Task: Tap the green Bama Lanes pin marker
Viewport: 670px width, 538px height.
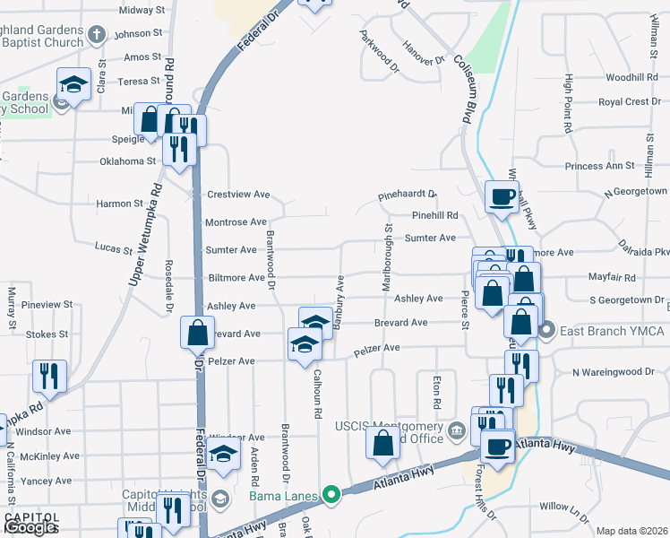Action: point(331,494)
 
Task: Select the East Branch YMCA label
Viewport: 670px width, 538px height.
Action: point(613,331)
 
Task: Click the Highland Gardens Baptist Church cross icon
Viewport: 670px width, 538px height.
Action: point(98,34)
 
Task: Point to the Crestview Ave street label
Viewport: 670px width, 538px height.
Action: point(238,195)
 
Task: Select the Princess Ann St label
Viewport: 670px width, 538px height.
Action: point(599,166)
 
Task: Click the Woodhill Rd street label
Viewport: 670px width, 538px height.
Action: point(631,78)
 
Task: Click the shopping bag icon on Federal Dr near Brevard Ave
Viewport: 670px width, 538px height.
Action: point(197,334)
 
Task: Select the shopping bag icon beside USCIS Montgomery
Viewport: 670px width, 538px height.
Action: point(383,443)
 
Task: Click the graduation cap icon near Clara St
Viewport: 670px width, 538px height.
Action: point(73,84)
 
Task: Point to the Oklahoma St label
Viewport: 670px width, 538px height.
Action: point(128,161)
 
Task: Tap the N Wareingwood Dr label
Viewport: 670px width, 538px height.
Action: point(614,371)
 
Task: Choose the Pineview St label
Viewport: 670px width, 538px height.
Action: point(50,305)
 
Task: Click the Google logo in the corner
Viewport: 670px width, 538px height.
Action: point(31,527)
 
